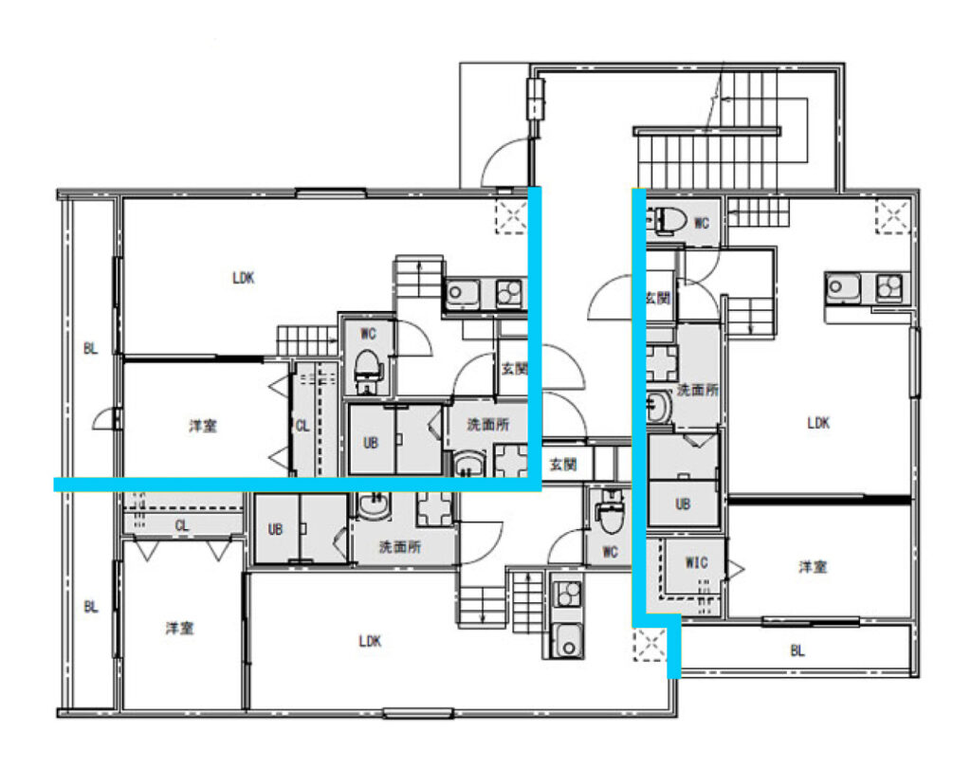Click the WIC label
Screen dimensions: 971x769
click(696, 563)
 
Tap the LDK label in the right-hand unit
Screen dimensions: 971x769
click(818, 423)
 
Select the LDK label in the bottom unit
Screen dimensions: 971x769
click(370, 641)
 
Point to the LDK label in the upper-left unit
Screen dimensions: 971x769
click(244, 278)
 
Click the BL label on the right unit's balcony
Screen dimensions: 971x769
click(797, 650)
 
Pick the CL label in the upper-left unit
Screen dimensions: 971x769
click(302, 426)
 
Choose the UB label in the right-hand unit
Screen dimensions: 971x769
click(683, 504)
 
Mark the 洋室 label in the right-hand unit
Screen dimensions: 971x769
click(813, 566)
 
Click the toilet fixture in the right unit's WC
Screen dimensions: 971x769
click(668, 221)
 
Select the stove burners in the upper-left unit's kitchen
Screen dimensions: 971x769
click(510, 293)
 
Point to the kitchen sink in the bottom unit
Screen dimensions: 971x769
click(567, 640)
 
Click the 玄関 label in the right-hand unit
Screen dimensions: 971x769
click(657, 298)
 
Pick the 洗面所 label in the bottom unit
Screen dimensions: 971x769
click(400, 547)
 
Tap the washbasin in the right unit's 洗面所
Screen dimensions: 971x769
click(658, 407)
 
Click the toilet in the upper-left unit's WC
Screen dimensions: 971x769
click(368, 372)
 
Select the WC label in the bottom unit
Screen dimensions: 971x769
click(610, 552)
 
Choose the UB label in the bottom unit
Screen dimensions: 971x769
click(275, 529)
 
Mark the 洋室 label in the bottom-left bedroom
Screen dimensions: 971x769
click(179, 629)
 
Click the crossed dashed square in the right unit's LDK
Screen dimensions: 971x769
click(892, 217)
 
